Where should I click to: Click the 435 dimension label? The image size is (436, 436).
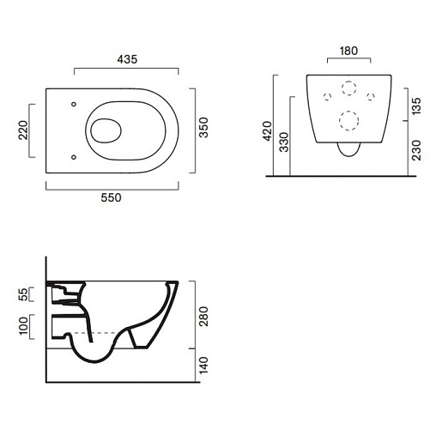click(127, 59)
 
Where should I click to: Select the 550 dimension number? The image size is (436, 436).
click(111, 197)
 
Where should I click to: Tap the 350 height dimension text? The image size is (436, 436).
click(203, 128)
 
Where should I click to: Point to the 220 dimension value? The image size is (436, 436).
click(23, 130)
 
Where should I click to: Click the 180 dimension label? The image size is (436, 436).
click(348, 51)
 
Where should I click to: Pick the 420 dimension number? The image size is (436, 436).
click(268, 130)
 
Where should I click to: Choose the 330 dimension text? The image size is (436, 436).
click(284, 142)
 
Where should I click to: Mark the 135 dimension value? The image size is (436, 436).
click(417, 106)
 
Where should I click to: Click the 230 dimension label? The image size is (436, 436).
click(417, 150)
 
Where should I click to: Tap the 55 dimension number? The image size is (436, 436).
click(23, 294)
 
